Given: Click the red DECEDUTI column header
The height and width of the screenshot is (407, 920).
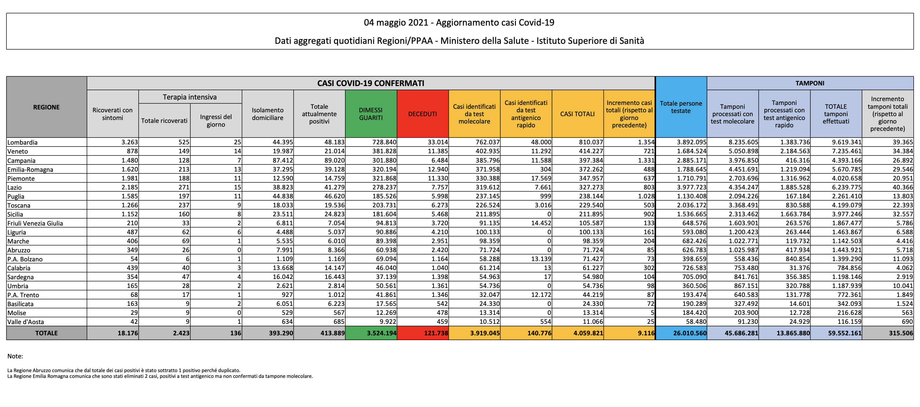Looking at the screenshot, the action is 423,114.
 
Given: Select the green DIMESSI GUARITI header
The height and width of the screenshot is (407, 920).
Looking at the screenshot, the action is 371,114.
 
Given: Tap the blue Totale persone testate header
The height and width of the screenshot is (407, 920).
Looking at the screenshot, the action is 681,107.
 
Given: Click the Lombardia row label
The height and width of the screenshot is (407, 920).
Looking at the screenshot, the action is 22,142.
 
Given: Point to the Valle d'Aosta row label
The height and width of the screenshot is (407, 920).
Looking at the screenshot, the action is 25,322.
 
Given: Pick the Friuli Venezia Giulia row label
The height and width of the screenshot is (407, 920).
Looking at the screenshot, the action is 35,223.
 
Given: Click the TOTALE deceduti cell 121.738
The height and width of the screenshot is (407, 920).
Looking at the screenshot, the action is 436,333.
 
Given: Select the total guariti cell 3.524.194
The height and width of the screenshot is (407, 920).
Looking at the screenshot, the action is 381,333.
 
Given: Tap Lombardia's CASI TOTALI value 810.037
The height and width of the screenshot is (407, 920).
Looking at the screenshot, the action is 591,142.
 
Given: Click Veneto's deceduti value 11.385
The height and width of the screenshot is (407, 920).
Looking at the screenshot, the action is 438,151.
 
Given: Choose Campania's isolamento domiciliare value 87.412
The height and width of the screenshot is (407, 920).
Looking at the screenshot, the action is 282,160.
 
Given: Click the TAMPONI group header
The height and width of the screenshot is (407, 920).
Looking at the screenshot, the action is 810,83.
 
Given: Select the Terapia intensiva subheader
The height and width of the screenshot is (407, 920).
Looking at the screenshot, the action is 190,97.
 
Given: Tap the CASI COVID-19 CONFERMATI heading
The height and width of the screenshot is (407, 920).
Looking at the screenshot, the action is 371,83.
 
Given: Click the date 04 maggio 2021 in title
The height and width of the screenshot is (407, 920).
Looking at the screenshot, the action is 396,22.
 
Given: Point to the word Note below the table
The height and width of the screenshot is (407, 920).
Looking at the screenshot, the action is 15,356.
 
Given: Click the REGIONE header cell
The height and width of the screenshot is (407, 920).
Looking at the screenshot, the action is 46,107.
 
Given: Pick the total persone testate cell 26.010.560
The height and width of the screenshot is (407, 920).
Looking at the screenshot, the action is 690,333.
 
